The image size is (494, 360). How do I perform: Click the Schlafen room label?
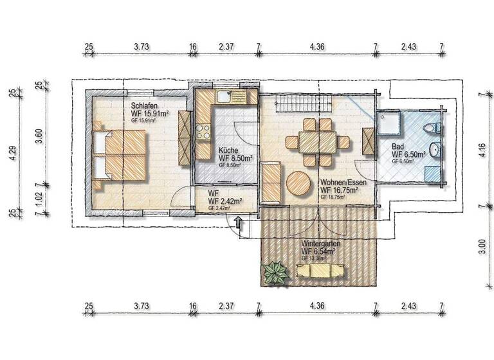click(x=145, y=105)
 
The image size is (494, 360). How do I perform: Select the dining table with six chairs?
click(x=316, y=141)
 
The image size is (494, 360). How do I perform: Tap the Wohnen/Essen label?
click(x=343, y=182)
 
